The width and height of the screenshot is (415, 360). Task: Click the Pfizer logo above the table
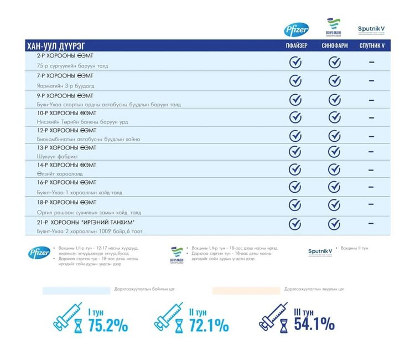tap(296, 30)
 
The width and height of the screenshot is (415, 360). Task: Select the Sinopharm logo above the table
tap(334, 28)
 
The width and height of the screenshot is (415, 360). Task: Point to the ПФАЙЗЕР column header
tap(296, 45)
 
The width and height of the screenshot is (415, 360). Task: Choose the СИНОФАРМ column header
tap(334, 45)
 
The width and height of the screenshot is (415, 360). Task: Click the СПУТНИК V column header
tap(371, 45)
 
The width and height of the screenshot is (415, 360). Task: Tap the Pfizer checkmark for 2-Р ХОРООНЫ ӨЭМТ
tap(296, 62)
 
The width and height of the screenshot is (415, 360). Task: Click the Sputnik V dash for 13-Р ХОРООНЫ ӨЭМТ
tap(371, 152)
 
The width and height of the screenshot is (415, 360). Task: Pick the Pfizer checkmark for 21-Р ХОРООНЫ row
tap(296, 224)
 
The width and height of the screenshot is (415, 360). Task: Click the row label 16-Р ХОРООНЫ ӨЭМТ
tap(66, 182)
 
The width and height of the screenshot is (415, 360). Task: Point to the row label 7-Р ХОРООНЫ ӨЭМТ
tap(65, 75)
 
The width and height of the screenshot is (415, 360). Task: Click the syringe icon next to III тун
tap(273, 317)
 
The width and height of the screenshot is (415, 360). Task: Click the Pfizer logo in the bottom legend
tap(39, 253)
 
